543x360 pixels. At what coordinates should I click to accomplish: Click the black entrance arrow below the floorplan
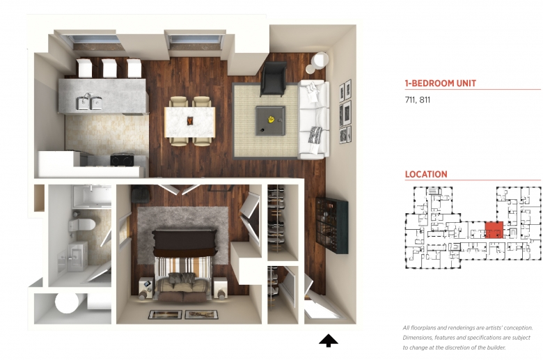point(329,341)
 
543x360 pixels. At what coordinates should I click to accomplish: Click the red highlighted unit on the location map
point(494,230)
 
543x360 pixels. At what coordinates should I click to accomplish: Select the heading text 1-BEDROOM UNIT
point(440,84)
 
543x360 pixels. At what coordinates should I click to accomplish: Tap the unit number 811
point(425,100)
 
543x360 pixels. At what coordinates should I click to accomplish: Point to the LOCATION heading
point(426,174)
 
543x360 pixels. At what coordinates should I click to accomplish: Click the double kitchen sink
point(89,102)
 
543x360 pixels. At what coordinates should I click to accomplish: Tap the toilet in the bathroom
point(82,225)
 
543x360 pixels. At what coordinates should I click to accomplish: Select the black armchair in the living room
point(274,79)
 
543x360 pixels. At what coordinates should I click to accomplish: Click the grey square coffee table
point(271,120)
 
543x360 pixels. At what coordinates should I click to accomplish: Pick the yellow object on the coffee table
point(271,119)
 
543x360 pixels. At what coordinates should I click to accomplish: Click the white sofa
point(314,119)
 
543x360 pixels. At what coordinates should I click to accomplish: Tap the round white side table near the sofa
point(320,61)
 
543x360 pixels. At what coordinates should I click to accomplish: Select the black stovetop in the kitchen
point(122,159)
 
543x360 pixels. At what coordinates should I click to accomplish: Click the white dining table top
point(190,122)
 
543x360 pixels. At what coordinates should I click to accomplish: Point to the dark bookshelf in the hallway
point(332,226)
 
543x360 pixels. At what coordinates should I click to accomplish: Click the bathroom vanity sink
point(77,256)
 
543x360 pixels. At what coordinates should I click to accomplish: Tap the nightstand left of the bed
point(146,288)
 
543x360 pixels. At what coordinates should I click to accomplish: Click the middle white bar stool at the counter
point(109,68)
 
